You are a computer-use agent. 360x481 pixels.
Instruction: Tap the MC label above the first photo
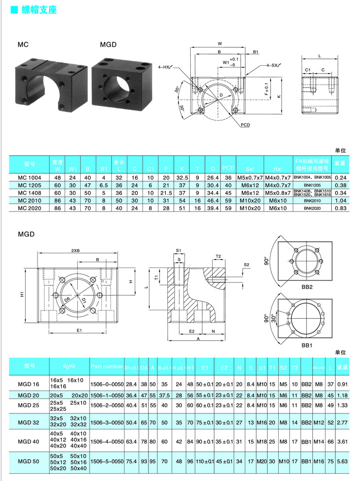coord(23,44)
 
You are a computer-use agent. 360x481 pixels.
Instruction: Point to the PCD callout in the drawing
coord(246,125)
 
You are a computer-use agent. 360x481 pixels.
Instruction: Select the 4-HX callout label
coord(164,67)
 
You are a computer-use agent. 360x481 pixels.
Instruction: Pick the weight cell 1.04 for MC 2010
coord(340,200)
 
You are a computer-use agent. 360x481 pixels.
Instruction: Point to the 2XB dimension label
coord(75,250)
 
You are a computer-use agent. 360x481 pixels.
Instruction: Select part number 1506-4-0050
coord(106,442)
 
